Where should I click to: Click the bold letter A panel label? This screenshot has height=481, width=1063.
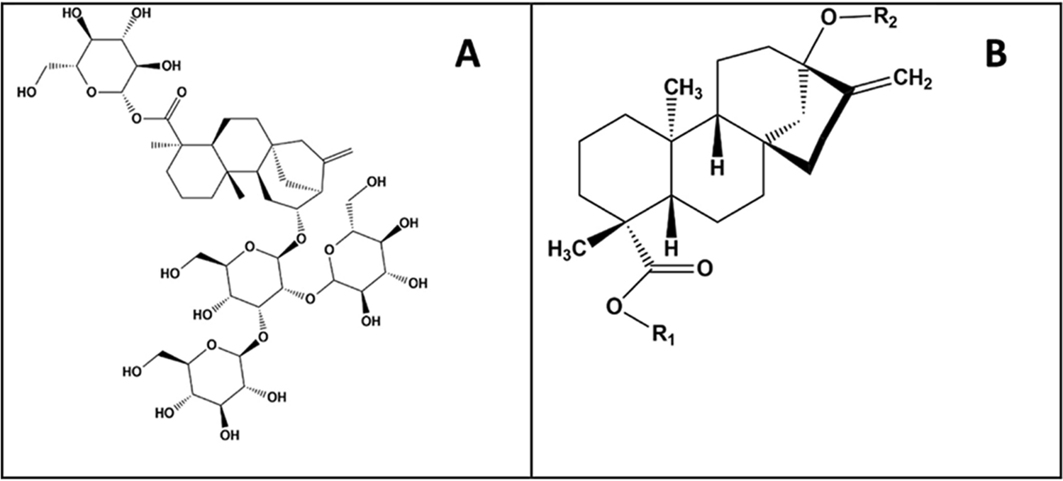coord(467,53)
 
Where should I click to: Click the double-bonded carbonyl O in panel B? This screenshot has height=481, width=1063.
coord(704,269)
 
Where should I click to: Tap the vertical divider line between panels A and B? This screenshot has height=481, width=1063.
coord(531,240)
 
